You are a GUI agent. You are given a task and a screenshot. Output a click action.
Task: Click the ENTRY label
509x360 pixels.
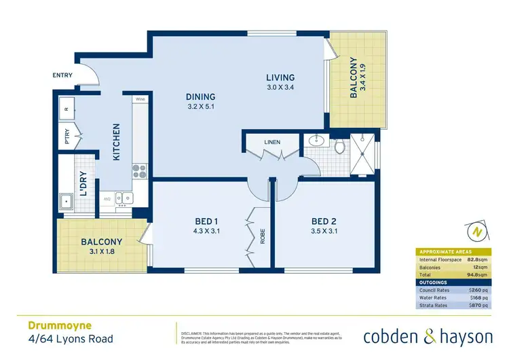pos(62,75)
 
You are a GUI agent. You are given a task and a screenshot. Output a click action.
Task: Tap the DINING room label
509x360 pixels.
pos(202,97)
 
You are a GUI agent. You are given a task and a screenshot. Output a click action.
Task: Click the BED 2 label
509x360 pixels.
pos(324,221)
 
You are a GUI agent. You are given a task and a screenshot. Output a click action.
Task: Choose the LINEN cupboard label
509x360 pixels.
pos(272,141)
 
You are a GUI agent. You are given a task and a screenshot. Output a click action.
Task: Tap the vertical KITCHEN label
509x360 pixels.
pos(116,142)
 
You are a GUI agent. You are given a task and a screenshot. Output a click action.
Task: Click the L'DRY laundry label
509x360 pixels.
pos(84,184)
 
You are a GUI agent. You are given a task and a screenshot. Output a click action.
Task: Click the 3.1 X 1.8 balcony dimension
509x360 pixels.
pos(101,252)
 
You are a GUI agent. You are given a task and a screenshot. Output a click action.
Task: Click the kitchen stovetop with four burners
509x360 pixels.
pos(140,171)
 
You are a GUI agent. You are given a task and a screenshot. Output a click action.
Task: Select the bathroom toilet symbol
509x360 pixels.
pos(340,145)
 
